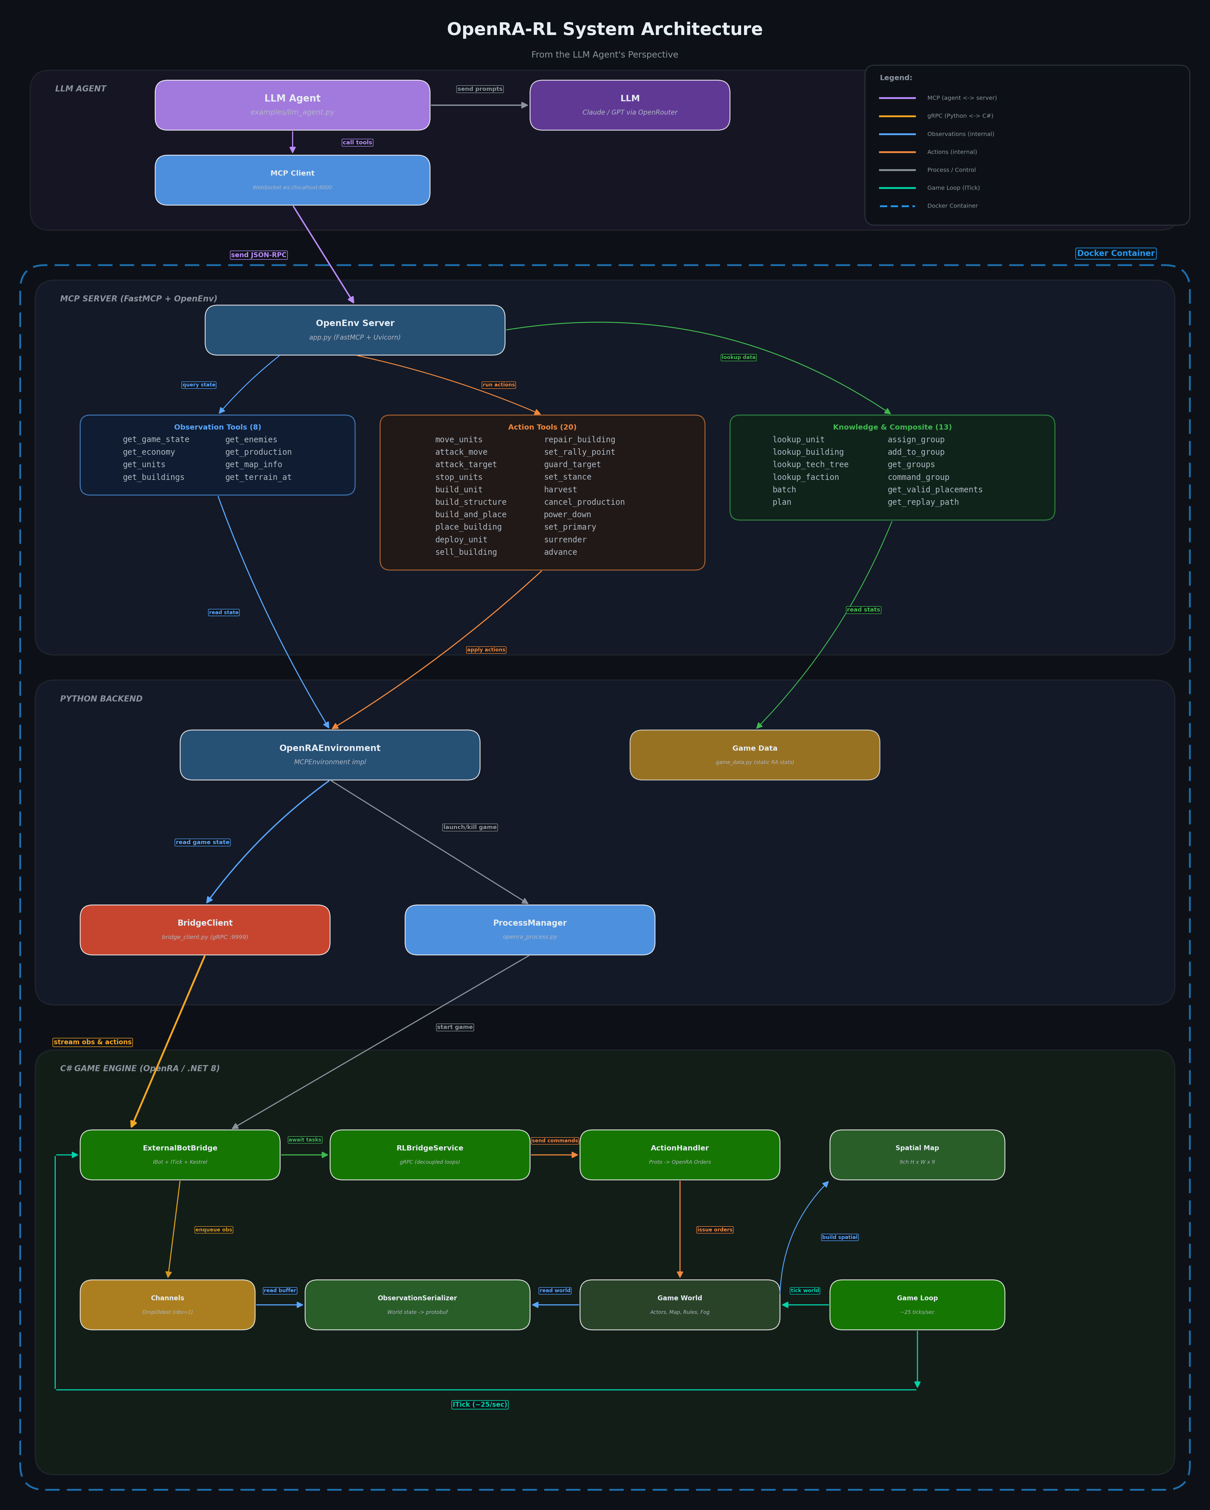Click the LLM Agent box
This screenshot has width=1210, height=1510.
292,105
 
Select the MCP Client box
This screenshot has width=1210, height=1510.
292,180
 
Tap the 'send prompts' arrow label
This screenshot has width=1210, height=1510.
480,89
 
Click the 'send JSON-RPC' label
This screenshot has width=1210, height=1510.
258,255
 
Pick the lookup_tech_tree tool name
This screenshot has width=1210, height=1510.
810,464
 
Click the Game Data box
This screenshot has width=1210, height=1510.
754,754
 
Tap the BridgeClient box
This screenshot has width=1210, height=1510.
205,929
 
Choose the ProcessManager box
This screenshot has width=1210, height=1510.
529,929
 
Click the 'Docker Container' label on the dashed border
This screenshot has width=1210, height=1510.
1115,253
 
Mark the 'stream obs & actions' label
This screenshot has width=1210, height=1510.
93,1042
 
